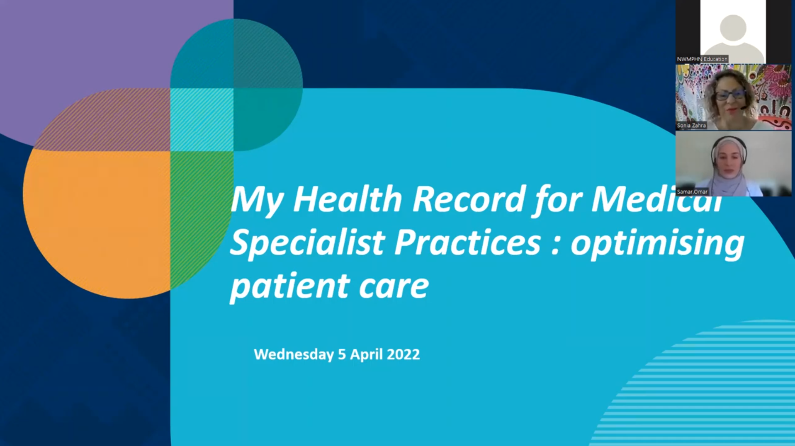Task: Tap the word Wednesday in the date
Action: (x=294, y=354)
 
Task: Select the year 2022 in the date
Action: (x=403, y=354)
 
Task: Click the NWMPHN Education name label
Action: (x=702, y=59)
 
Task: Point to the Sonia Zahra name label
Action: (x=691, y=125)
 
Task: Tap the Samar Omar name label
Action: (x=692, y=191)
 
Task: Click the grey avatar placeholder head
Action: (x=733, y=28)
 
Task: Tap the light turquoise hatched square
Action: (x=202, y=119)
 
